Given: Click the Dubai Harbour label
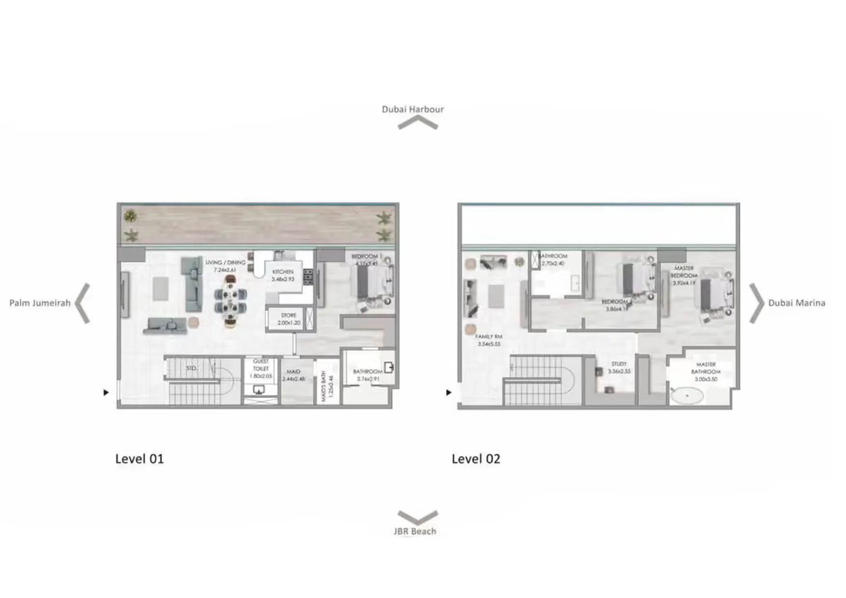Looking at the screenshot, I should (x=412, y=109).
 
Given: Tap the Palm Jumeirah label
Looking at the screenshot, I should (x=40, y=303).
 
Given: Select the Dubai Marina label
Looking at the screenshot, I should (x=796, y=303).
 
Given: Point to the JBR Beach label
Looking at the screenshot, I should (x=415, y=531).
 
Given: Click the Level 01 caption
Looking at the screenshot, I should (x=139, y=459).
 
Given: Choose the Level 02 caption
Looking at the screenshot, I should (x=476, y=459).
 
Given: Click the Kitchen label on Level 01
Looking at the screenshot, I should (x=283, y=275).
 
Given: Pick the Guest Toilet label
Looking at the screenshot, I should (x=260, y=368).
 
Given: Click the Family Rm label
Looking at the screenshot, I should (x=489, y=340).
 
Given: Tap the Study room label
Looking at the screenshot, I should (x=619, y=368).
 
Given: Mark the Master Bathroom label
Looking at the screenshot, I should (x=706, y=372).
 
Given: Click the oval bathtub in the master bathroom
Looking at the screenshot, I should (x=687, y=396).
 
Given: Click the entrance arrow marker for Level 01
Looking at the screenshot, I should (x=106, y=393).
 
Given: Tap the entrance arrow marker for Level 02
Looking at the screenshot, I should (x=449, y=393).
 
